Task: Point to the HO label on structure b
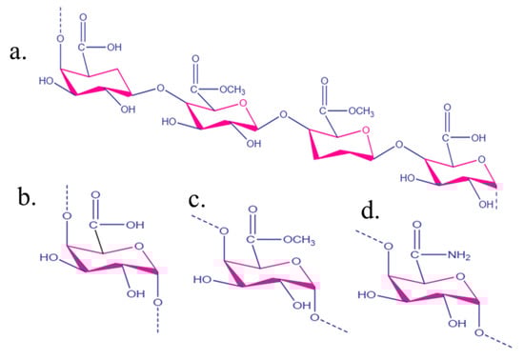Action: click(x=50, y=256)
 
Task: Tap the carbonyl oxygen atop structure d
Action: click(x=416, y=196)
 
